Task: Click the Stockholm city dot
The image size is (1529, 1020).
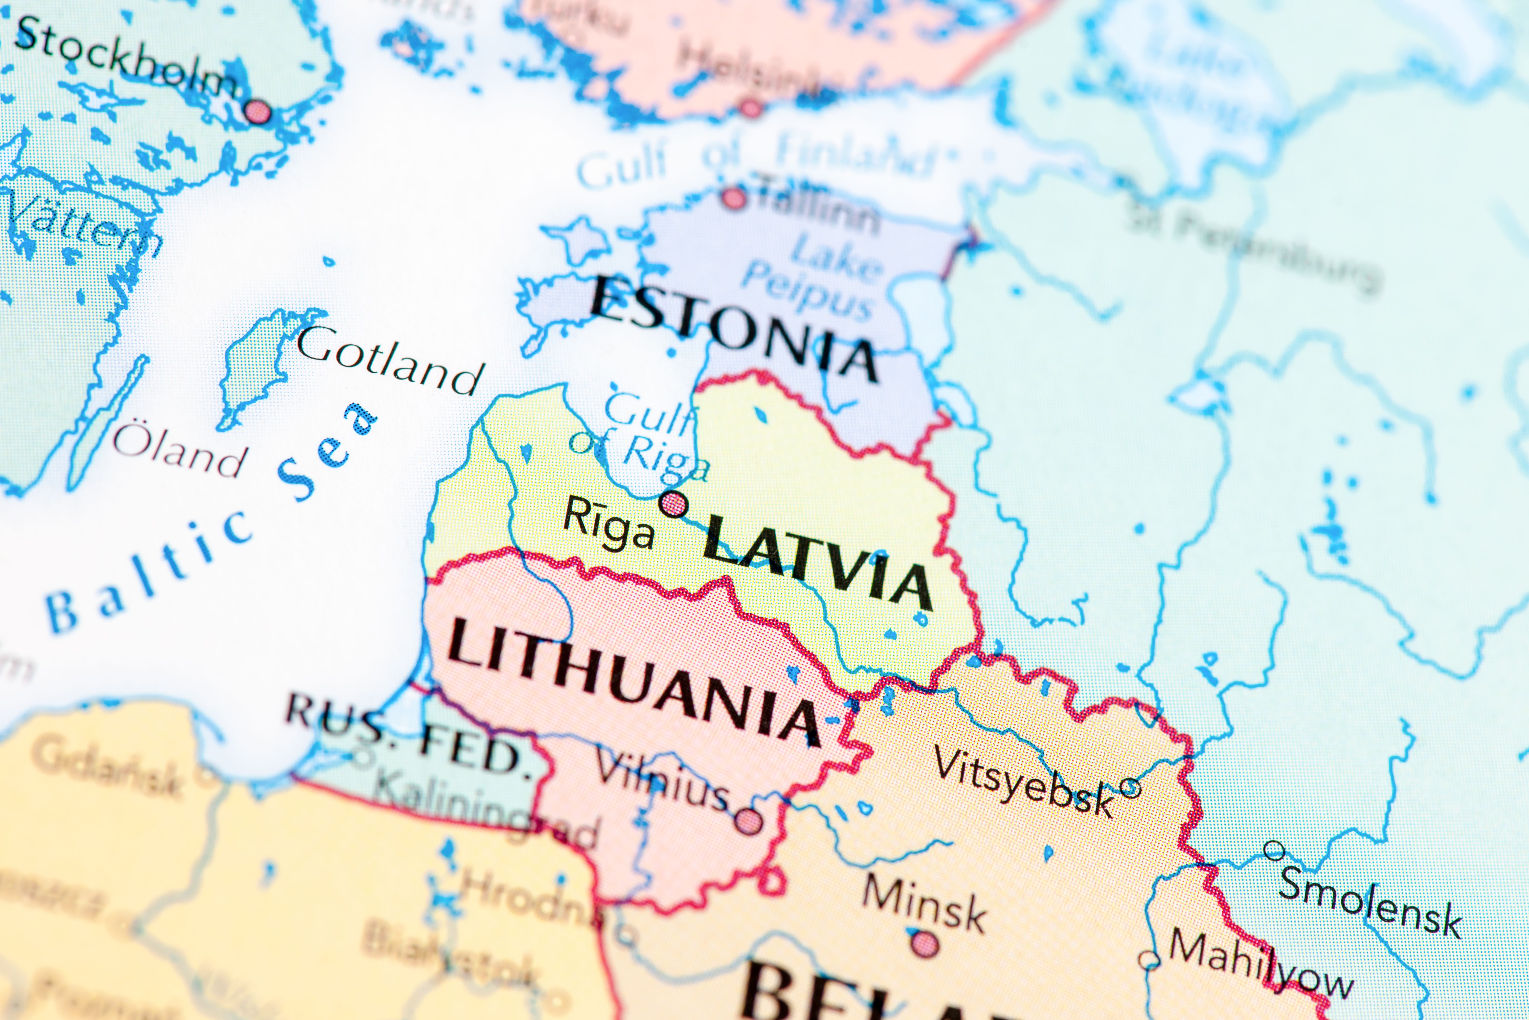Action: (x=258, y=111)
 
